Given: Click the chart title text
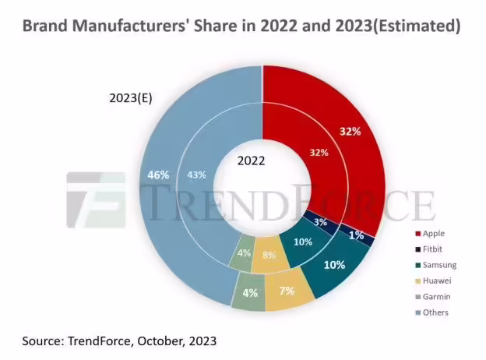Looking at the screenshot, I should pyautogui.click(x=241, y=26).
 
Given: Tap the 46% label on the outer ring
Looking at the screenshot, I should pyautogui.click(x=158, y=175).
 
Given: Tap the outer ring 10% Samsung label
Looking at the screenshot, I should pyautogui.click(x=334, y=265).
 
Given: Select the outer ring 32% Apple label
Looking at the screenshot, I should pyautogui.click(x=350, y=131).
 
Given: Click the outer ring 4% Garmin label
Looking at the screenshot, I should pyautogui.click(x=249, y=294).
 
